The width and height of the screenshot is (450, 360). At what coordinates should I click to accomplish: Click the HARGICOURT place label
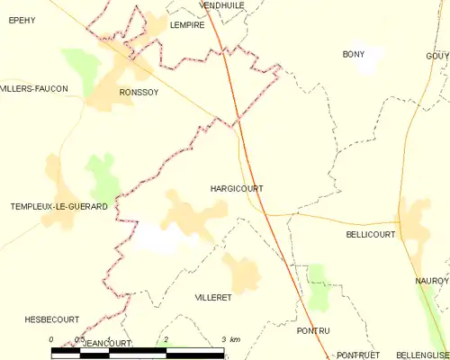tap(236, 189)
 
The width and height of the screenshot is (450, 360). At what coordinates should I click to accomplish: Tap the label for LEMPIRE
tap(187, 26)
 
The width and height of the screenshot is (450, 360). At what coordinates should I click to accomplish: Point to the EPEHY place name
tap(22, 20)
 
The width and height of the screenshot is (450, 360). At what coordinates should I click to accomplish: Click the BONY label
tap(354, 55)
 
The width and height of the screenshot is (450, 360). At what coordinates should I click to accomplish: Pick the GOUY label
tap(437, 56)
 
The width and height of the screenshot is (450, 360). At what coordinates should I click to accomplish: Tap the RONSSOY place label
tap(139, 93)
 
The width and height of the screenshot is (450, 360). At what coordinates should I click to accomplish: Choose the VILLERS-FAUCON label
tap(34, 88)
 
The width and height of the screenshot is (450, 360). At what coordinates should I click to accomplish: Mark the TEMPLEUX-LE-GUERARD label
tap(59, 207)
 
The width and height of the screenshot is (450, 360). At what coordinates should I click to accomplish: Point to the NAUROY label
tap(432, 282)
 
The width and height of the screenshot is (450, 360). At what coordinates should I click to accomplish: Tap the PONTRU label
tap(313, 331)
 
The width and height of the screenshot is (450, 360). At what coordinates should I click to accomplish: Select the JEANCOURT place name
tap(106, 344)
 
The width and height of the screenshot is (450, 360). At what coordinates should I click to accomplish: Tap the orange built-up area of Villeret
tap(240, 273)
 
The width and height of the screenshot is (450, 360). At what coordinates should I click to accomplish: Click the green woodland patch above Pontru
tap(317, 286)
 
